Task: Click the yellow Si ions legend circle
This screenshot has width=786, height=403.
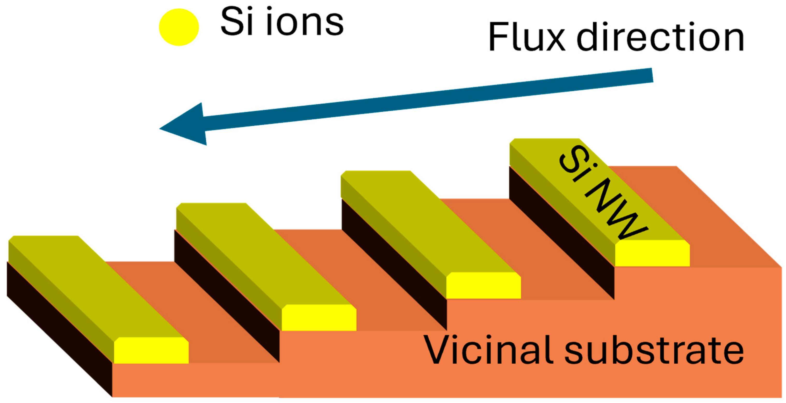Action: pos(179,27)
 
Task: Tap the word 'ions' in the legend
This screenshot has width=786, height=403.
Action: pos(305,22)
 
